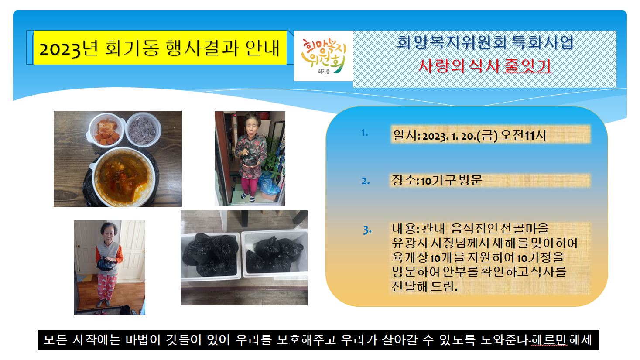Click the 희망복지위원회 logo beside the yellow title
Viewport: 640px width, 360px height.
323,56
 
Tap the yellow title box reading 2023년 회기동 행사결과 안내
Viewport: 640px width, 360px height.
160,48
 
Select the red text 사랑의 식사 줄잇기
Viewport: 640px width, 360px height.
485,66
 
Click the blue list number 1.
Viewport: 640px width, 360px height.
365,133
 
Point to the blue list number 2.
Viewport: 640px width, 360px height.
366,181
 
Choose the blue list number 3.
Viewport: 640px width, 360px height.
367,230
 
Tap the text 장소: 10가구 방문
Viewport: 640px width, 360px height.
437,180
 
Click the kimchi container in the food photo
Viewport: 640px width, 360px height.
106,130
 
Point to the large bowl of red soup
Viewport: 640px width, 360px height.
123,177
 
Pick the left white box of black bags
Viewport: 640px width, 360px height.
211,256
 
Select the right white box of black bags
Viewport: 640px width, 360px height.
275,254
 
